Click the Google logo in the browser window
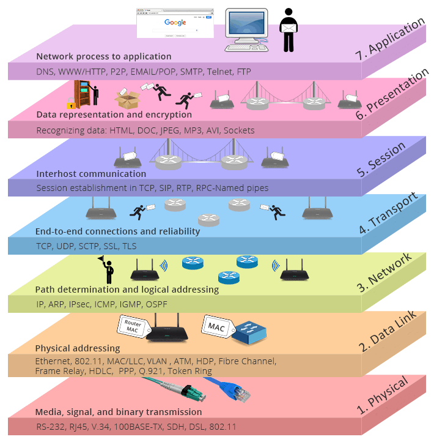point(175,23)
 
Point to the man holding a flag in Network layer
point(108,269)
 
